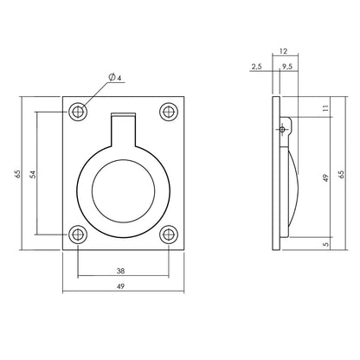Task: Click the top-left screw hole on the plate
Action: coord(80,112)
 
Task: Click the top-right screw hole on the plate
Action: coord(168,112)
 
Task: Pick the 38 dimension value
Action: coord(123,269)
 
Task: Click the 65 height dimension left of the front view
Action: coord(17,174)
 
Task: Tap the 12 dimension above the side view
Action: coord(283,51)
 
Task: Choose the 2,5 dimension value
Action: coord(256,66)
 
